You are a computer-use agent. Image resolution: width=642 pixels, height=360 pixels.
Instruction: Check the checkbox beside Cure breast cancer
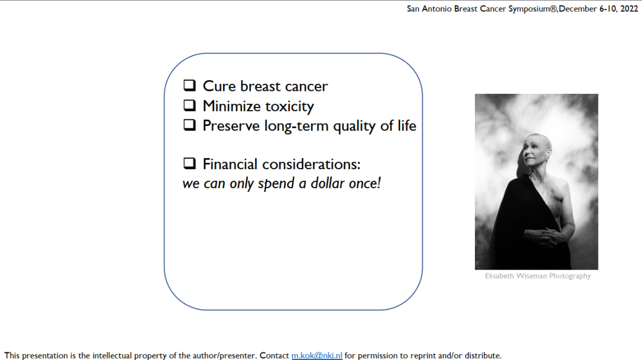(x=189, y=86)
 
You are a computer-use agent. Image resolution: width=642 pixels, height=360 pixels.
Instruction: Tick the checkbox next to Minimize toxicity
(x=189, y=106)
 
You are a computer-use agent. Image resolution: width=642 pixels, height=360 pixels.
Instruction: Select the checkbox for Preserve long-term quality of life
(x=189, y=125)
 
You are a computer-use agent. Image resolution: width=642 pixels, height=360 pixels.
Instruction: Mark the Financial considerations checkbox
(x=189, y=163)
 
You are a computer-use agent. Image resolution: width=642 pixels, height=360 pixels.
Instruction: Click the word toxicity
(x=289, y=106)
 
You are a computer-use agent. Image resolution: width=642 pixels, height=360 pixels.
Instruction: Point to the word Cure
(x=219, y=86)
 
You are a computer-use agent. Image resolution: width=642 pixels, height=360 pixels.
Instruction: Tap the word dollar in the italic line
(x=328, y=184)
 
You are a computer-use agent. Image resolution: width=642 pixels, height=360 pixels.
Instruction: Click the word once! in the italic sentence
(x=365, y=184)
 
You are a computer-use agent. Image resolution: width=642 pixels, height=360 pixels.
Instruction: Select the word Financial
(x=230, y=164)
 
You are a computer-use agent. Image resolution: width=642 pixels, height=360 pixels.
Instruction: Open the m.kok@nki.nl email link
(x=317, y=355)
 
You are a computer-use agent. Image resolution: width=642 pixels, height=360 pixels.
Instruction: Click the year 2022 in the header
(x=629, y=8)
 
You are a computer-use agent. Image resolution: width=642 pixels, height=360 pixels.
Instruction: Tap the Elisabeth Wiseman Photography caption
(x=537, y=276)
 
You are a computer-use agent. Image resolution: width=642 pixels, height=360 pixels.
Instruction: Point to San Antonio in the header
(x=430, y=9)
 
